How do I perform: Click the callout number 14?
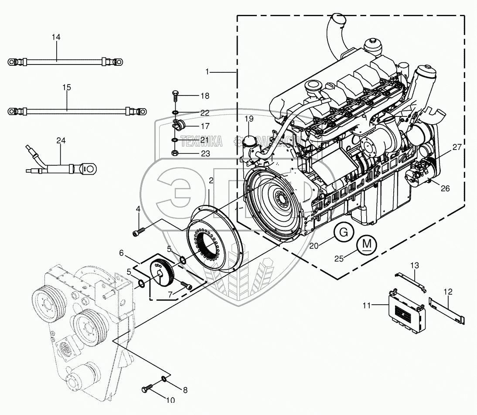(x=56, y=37)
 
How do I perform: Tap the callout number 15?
(x=66, y=88)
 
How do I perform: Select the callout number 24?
(x=61, y=140)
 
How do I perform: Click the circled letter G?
(x=344, y=233)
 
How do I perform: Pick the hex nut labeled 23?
(x=175, y=153)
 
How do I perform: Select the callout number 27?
(x=456, y=147)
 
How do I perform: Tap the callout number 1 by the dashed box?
(x=208, y=71)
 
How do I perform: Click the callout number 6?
(x=122, y=252)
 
